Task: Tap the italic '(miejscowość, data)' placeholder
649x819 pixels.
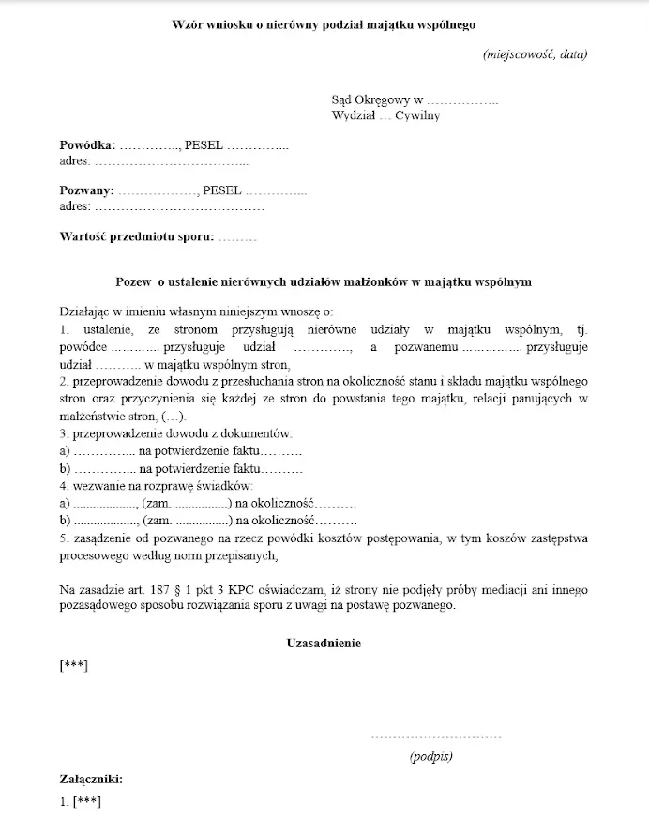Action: (536, 53)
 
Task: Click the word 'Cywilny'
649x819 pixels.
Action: (417, 116)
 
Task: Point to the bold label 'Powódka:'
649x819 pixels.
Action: (87, 145)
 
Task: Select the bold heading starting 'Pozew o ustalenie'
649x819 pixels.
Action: (324, 281)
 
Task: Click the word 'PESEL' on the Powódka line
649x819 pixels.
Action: (204, 145)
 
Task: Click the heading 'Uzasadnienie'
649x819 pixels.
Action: (324, 643)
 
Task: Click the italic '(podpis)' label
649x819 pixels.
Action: (431, 756)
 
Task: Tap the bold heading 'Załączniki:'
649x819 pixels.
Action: (90, 779)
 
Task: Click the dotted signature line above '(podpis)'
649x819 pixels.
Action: (431, 736)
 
